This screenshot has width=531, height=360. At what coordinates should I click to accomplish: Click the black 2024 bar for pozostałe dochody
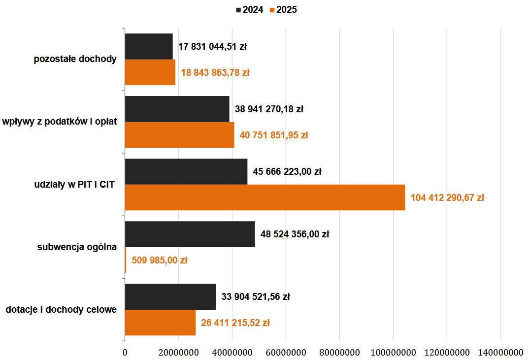pos(149,46)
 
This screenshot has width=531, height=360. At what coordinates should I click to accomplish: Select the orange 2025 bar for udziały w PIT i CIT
pos(265,197)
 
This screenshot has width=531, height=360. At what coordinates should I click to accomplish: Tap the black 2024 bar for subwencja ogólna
pos(190,234)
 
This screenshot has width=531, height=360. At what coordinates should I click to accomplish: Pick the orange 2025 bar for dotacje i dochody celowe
pos(160,323)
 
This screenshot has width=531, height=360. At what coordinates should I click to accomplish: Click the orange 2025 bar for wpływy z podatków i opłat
pos(179,134)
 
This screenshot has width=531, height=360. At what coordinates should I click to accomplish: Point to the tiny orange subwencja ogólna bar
pos(126,260)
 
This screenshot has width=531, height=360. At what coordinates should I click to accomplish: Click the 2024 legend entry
pos(250,9)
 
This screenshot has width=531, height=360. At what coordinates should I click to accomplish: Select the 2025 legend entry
pos(283,9)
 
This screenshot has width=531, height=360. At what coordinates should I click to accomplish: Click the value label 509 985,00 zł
pos(159,261)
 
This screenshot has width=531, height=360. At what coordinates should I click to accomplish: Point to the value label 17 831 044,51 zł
pos(212,47)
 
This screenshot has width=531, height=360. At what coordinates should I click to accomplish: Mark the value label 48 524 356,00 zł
pos(295,234)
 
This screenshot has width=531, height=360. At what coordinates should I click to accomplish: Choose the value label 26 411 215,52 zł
pos(235,323)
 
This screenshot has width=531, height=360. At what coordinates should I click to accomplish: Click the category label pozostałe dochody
pos(75,59)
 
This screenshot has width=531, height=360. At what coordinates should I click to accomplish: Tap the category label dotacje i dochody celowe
pos(61,310)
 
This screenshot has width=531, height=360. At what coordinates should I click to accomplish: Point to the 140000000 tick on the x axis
pos(500,353)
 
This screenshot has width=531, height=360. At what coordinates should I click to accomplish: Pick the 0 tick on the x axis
pos(125,353)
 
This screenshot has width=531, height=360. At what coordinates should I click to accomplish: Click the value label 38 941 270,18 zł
pos(269,109)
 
